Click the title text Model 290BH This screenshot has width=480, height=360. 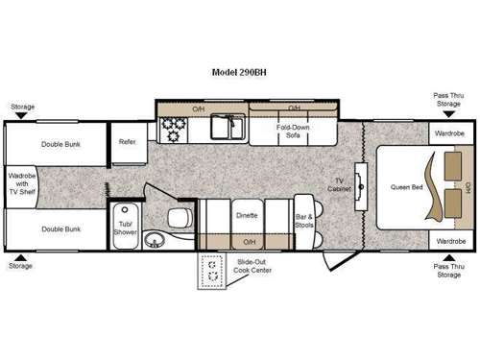click(x=239, y=72)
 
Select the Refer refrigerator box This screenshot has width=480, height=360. click(x=127, y=142)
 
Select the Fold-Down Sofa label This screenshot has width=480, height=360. click(x=292, y=132)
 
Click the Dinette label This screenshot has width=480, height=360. click(x=247, y=215)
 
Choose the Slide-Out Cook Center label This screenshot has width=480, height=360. click(x=252, y=267)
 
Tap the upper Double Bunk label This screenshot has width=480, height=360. click(x=60, y=145)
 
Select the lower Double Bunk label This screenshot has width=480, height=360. click(x=60, y=229)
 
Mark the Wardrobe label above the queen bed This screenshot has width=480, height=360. click(x=449, y=133)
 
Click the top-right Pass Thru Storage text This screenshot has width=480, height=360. click(x=449, y=100)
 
